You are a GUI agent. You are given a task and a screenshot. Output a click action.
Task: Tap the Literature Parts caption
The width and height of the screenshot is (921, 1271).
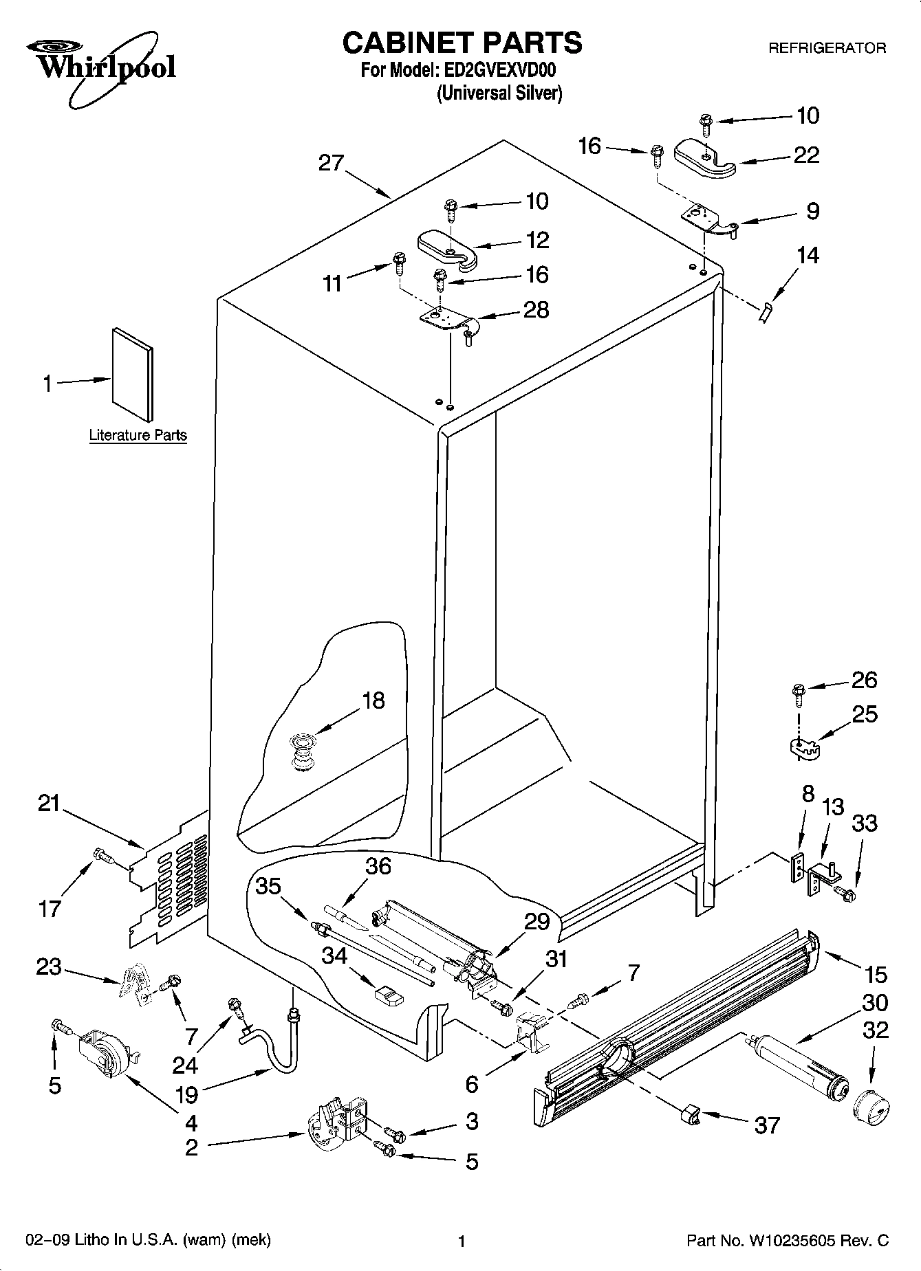pyautogui.click(x=138, y=435)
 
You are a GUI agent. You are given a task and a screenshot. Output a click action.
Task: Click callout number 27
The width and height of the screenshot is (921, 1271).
pyautogui.click(x=331, y=164)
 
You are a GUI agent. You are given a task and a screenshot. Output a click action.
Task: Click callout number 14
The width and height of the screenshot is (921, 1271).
pyautogui.click(x=808, y=255)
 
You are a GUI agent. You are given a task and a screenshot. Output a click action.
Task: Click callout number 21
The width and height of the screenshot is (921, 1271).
pyautogui.click(x=50, y=803)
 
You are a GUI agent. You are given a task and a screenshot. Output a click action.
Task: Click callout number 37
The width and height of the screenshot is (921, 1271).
pyautogui.click(x=767, y=1125)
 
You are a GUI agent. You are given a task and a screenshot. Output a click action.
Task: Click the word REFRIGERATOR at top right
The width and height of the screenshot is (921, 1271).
pyautogui.click(x=827, y=48)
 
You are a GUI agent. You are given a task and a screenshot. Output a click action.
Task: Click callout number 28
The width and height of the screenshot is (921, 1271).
pyautogui.click(x=537, y=310)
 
